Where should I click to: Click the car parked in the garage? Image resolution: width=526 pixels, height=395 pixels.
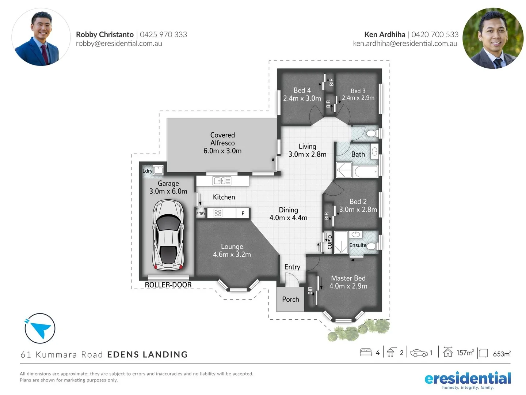168,235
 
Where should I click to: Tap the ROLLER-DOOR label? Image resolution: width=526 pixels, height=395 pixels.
168,285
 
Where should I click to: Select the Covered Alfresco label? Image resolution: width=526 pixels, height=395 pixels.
222,143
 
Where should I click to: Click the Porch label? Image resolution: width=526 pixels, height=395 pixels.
290,299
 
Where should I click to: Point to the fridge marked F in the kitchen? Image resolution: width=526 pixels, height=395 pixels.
243,213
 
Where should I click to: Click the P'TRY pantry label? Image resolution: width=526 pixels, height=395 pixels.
201,214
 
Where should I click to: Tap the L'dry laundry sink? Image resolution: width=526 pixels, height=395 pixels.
158,170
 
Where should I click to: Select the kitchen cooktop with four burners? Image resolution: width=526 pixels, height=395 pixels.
218,213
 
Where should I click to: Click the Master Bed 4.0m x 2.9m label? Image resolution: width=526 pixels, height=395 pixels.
348,282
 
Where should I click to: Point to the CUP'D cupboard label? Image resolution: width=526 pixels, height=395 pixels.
329,242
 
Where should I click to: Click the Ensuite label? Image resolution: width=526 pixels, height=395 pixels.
358,245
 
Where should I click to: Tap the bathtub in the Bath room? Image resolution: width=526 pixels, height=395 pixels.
366,172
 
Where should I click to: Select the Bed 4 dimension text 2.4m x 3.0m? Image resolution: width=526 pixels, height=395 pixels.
302,98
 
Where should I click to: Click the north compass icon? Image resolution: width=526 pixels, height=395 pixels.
40,328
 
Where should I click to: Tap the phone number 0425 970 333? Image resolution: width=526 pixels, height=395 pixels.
163,34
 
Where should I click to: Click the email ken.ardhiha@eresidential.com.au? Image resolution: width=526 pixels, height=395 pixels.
405,44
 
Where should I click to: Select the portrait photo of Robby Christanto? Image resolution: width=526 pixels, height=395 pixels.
41,37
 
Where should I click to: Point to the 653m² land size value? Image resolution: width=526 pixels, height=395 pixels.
502,354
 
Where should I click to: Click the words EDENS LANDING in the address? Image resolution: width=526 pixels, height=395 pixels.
147,354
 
